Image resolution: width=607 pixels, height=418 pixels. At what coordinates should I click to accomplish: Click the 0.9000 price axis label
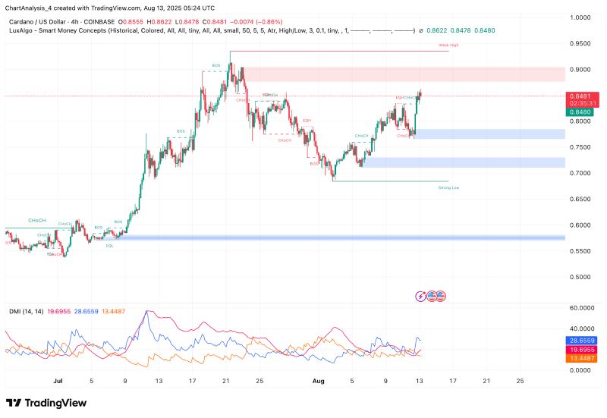pyautogui.click(x=581, y=69)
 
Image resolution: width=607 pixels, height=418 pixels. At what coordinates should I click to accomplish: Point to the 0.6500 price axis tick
pyautogui.click(x=581, y=199)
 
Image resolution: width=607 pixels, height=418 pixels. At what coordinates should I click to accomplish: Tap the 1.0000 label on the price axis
pyautogui.click(x=581, y=17)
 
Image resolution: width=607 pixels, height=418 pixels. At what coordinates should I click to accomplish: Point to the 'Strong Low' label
pyautogui.click(x=449, y=187)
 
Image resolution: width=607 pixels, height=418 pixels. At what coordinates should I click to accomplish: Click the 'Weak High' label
pyautogui.click(x=449, y=46)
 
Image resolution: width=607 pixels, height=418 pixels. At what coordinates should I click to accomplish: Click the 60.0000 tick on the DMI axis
pyautogui.click(x=581, y=308)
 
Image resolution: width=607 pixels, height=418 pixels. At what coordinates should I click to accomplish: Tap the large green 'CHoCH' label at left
pyautogui.click(x=36, y=220)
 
